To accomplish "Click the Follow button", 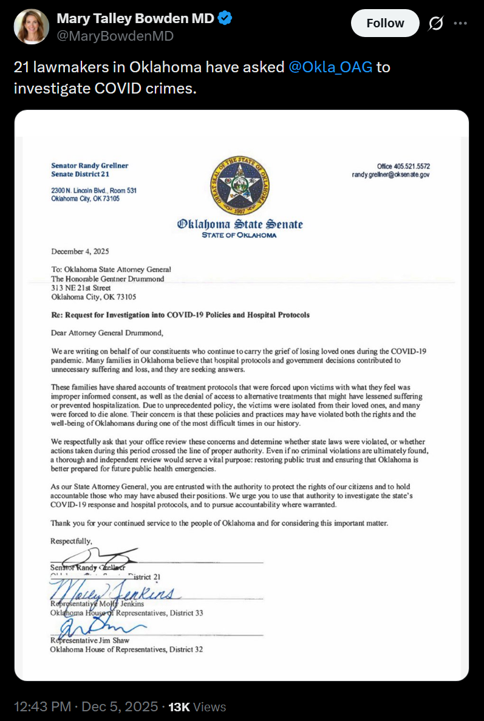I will coord(385,24).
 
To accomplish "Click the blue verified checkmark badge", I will coord(225,19).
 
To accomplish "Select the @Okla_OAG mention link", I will coord(330,67).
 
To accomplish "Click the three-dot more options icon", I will coord(461,24).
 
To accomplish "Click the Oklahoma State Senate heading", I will coord(239,224).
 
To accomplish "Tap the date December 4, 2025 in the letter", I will coord(80,251).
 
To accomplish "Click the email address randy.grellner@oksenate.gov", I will coord(391,175).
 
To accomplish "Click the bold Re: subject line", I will coord(180,315).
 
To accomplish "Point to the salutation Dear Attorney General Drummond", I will coord(107,333).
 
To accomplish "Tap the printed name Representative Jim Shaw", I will coord(89,640).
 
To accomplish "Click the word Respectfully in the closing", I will coord(71,541).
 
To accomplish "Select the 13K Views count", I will coord(197,707).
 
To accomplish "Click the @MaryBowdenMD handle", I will coord(115,36).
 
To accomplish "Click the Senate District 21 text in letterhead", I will coord(80,175).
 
